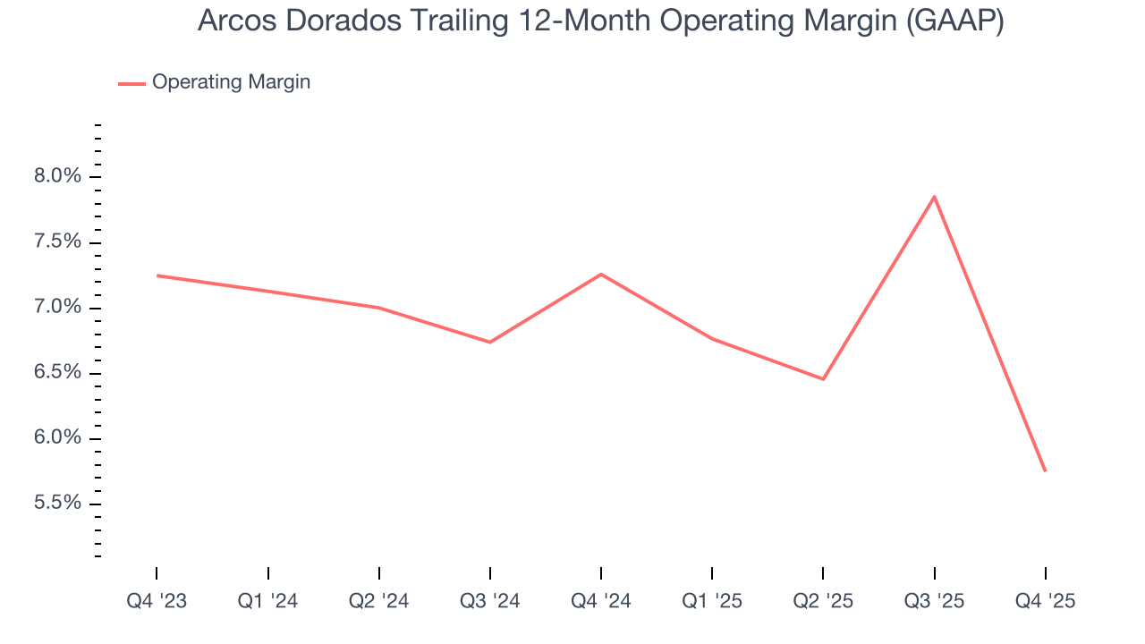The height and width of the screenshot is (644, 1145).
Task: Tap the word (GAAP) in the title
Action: point(954,21)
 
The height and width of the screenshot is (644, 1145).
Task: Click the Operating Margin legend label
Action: point(231,82)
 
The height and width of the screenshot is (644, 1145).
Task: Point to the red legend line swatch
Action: point(131,83)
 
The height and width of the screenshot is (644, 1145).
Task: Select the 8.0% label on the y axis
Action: point(56,177)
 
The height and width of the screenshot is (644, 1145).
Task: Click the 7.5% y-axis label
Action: point(56,242)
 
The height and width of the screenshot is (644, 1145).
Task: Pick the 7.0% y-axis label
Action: point(56,308)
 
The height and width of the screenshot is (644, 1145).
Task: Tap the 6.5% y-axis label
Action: point(56,373)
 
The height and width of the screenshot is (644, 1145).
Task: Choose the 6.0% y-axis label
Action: point(56,438)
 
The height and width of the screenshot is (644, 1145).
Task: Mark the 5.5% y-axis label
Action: point(56,504)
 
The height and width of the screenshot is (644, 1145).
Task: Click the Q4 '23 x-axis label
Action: point(157,601)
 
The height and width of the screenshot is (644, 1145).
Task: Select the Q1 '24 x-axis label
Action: point(267,601)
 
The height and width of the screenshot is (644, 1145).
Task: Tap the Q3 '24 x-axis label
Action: point(490,601)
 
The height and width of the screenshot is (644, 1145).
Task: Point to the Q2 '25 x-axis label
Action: point(823,601)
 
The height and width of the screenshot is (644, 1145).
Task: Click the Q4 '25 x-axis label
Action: point(1045,601)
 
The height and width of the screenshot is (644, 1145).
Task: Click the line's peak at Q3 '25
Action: point(934,197)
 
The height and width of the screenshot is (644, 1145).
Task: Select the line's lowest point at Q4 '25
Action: point(1045,470)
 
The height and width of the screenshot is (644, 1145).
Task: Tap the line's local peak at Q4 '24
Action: point(601,274)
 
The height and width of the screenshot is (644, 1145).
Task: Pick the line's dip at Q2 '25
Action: point(823,379)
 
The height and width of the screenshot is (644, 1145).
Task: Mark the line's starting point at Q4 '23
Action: point(157,275)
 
